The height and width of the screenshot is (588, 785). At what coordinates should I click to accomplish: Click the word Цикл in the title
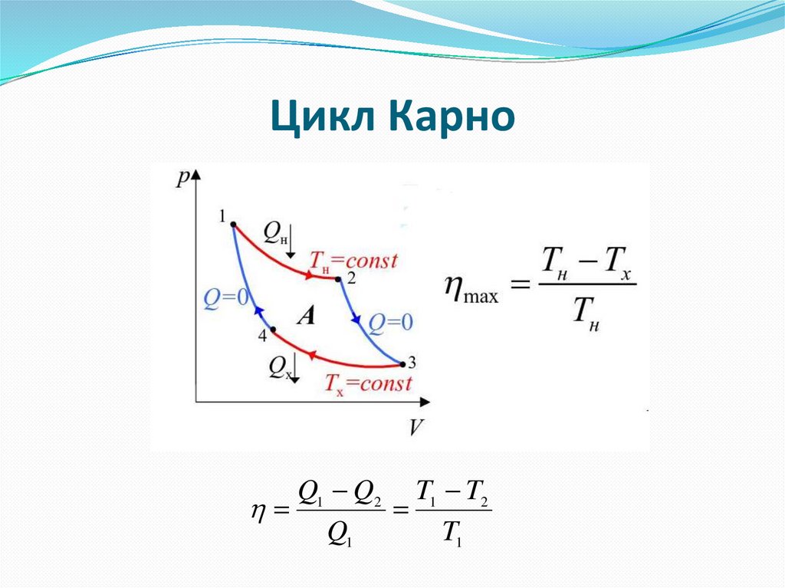(x=323, y=118)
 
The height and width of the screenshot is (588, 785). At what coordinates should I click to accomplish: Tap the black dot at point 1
(x=233, y=225)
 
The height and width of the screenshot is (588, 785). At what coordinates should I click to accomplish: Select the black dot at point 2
(x=338, y=279)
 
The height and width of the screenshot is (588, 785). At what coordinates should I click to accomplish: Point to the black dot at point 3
(x=400, y=363)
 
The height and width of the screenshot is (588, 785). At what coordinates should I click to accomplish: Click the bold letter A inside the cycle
(x=305, y=315)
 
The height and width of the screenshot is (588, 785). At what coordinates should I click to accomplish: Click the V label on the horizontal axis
(x=415, y=426)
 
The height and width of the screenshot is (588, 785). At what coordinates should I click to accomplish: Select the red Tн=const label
(x=353, y=261)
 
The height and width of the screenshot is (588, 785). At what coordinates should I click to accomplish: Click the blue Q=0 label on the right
(x=390, y=323)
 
